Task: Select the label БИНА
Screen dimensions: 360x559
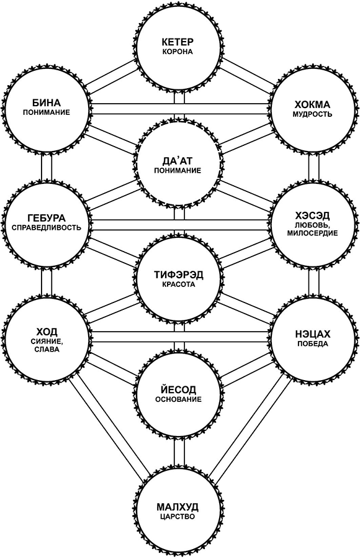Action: point(47,103)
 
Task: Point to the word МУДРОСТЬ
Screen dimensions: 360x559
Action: point(312,114)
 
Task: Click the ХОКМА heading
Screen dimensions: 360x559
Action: point(312,105)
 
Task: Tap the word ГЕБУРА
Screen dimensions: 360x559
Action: point(47,218)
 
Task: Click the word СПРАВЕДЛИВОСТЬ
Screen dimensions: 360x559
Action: point(47,227)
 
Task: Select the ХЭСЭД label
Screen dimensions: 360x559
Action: point(312,216)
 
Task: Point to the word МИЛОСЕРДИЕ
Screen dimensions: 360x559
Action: point(312,234)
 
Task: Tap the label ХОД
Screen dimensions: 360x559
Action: point(47,332)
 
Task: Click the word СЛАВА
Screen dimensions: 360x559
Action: point(47,350)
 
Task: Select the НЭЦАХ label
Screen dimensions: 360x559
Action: point(313,334)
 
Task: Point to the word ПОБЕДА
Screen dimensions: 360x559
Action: point(312,344)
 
